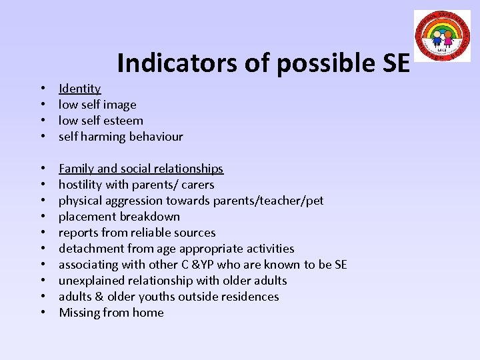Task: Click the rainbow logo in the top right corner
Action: click(x=442, y=36)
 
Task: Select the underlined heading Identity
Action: click(x=79, y=89)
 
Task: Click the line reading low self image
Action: click(x=97, y=105)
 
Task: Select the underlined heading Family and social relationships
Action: click(x=141, y=169)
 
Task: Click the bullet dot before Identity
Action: click(x=42, y=89)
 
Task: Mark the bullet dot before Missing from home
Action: click(x=42, y=313)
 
